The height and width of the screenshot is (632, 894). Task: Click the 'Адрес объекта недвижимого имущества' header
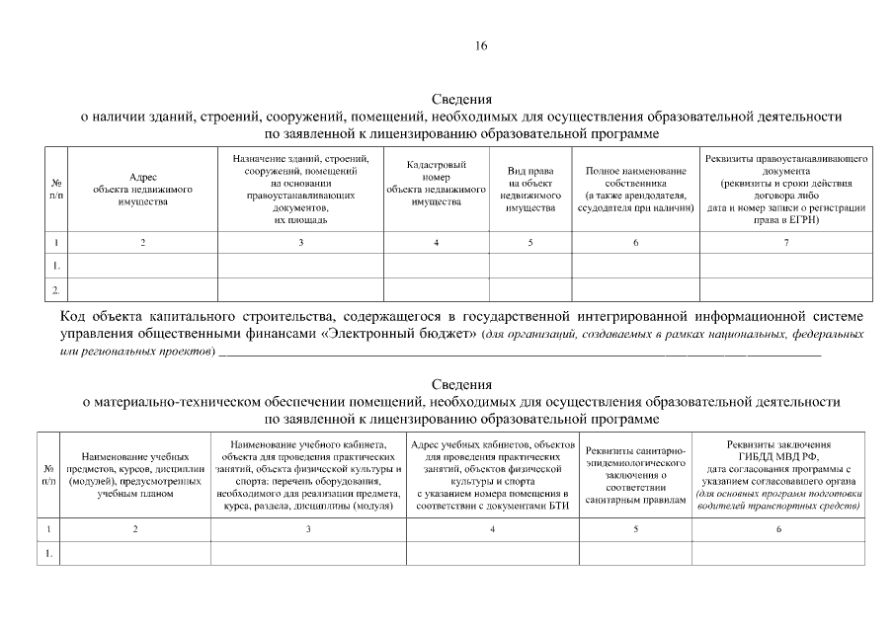[x=142, y=189]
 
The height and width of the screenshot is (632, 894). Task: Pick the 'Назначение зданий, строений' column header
[x=300, y=189]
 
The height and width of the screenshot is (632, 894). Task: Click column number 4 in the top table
[x=436, y=243]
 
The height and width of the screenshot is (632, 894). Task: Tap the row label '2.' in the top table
[x=56, y=289]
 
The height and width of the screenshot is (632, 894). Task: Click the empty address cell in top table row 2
[x=142, y=289]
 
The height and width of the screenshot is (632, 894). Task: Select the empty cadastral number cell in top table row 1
[x=436, y=266]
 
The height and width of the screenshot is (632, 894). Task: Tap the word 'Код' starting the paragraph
[x=78, y=317]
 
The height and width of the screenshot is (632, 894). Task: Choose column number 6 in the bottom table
[x=777, y=530]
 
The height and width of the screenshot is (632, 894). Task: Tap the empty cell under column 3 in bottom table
[x=307, y=554]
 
